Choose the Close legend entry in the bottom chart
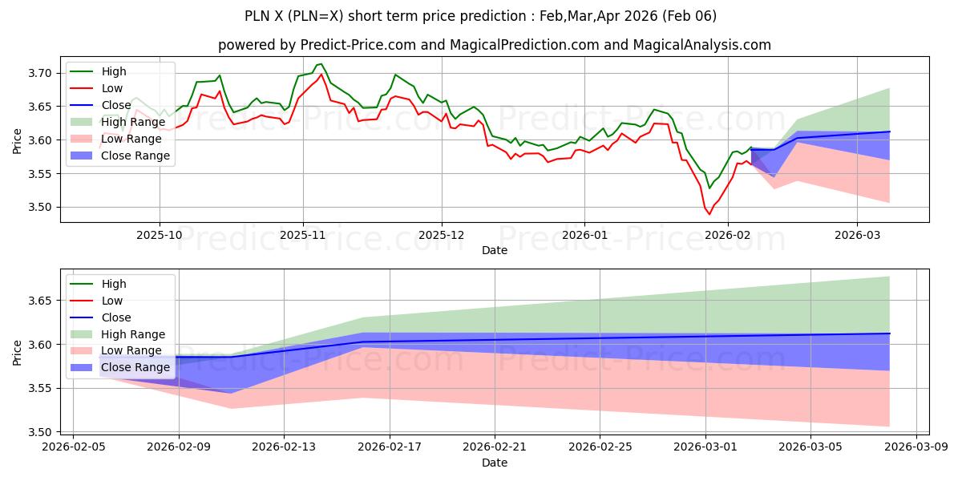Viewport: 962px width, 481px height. pos(116,317)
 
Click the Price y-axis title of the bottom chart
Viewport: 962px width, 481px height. pos(18,352)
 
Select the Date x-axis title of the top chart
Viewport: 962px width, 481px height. pos(495,250)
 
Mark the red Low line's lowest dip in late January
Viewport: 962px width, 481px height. pos(709,214)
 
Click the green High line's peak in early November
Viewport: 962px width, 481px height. pos(321,64)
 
